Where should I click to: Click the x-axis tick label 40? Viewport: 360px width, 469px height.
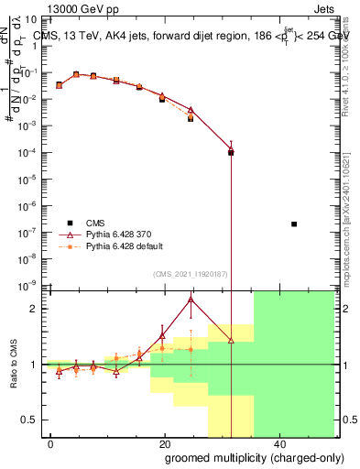pyautogui.click(x=278, y=443)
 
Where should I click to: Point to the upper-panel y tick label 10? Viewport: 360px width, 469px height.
pyautogui.click(x=33, y=19)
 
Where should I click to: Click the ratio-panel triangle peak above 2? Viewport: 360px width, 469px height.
pyautogui.click(x=191, y=299)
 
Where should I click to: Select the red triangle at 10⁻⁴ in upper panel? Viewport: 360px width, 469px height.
pyautogui.click(x=231, y=151)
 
